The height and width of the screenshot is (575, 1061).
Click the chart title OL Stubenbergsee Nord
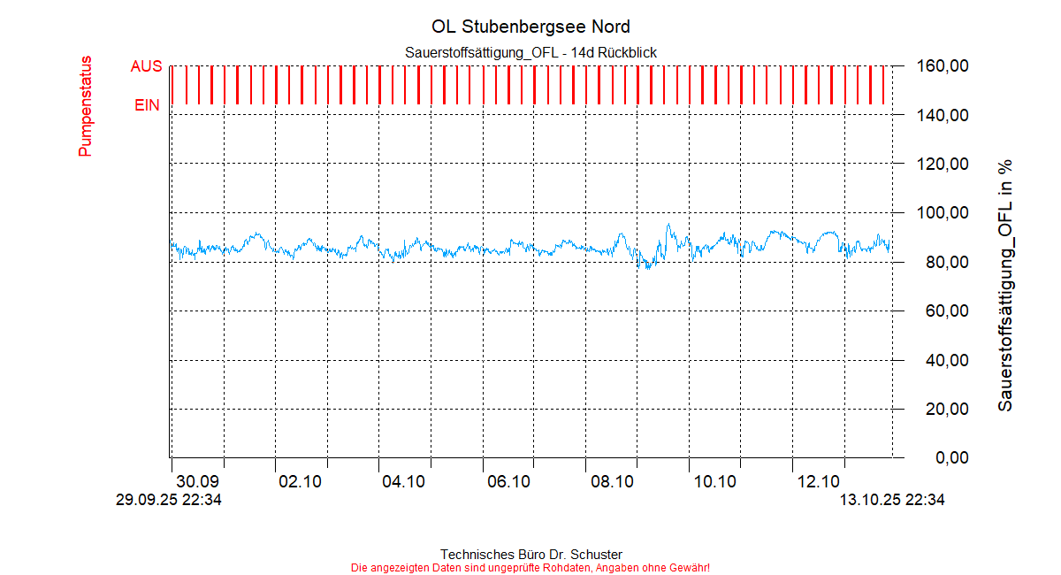530,27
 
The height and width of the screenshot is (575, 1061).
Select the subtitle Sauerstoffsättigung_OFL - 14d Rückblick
530,53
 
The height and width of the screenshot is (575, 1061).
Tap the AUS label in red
146,66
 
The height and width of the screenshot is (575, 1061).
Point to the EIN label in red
147,105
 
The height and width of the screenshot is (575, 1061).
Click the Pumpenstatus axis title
86,107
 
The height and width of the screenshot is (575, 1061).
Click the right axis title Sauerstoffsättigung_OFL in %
1005,285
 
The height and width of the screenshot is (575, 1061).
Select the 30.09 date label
197,482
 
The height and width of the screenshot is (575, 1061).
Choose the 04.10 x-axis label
404,482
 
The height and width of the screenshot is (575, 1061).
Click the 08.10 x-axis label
612,482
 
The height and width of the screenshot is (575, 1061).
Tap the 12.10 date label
819,482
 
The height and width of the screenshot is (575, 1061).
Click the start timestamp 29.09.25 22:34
169,500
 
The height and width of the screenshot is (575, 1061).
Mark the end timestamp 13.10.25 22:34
892,500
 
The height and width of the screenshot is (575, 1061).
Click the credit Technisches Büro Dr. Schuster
530,555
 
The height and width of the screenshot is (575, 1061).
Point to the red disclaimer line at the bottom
530,567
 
